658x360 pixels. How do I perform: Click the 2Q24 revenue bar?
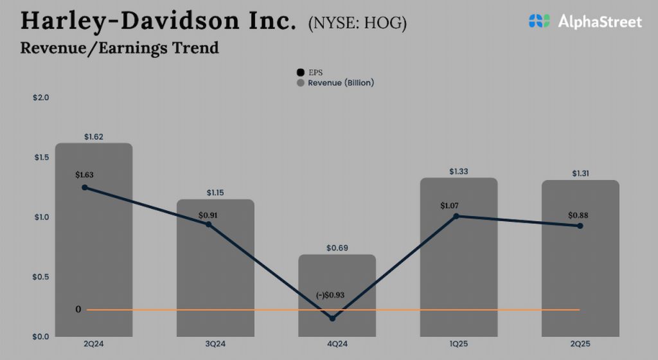pyautogui.click(x=94, y=257)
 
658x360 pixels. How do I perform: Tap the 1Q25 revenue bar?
pyautogui.click(x=459, y=270)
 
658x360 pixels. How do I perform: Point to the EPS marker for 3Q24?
pyautogui.click(x=209, y=224)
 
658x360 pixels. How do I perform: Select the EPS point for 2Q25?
pyautogui.click(x=580, y=226)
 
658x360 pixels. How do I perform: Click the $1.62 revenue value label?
pyautogui.click(x=94, y=137)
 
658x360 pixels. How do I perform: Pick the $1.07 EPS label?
pyautogui.click(x=450, y=206)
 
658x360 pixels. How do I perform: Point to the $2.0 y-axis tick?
pyautogui.click(x=40, y=97)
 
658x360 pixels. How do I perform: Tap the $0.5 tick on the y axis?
pyautogui.click(x=40, y=277)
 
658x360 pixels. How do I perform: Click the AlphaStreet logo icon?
pyautogui.click(x=540, y=21)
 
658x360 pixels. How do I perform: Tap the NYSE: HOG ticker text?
pyautogui.click(x=357, y=23)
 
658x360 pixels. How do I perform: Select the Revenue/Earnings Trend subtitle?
pyautogui.click(x=120, y=48)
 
